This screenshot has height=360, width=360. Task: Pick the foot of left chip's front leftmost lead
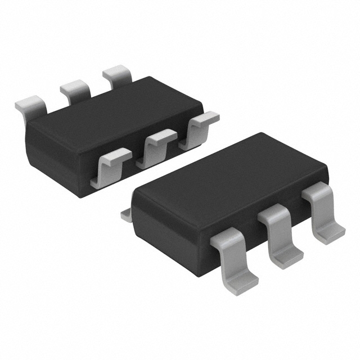101,181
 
